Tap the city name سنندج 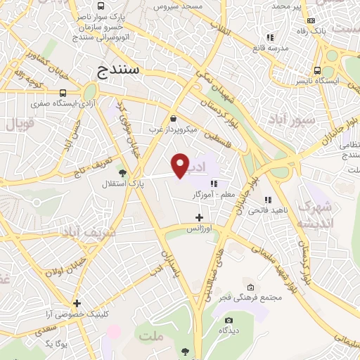117,70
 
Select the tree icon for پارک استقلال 122,172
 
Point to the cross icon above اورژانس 200,218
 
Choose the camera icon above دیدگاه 229,320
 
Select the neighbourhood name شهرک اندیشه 314,214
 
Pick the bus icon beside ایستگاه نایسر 319,70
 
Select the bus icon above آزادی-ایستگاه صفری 63,93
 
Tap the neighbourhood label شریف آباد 86,232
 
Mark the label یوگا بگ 55,342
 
